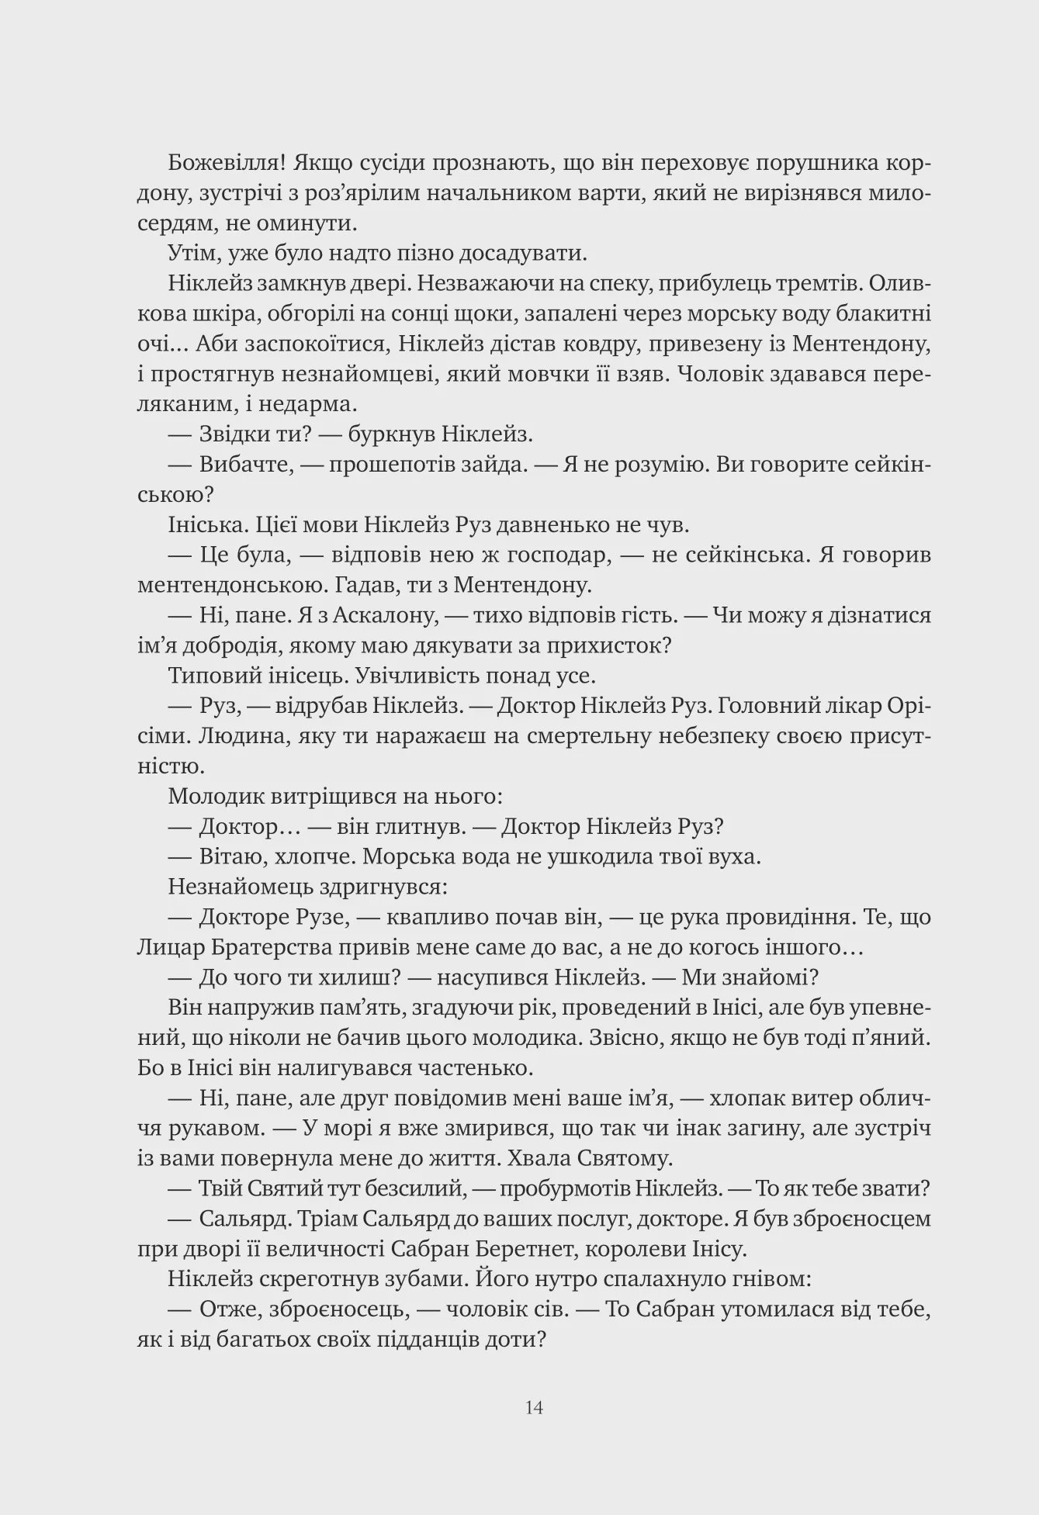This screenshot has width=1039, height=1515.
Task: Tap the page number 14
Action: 534,1406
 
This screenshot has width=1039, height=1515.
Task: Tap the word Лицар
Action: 169,947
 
